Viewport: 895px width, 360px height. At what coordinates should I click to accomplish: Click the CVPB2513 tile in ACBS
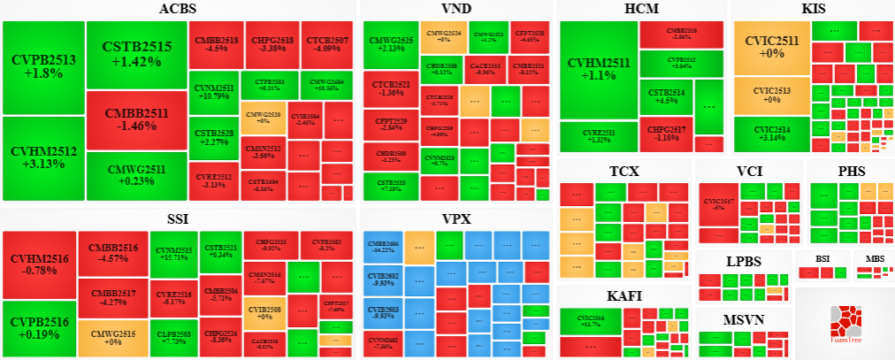(43, 67)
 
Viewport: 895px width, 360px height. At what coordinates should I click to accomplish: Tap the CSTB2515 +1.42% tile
(136, 54)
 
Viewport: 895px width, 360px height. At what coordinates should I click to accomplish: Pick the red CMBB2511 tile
(136, 119)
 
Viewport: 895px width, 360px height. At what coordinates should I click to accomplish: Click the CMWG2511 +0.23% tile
(136, 175)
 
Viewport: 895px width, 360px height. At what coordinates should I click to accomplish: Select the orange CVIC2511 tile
(771, 48)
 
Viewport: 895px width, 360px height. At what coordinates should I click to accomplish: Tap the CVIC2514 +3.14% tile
(771, 135)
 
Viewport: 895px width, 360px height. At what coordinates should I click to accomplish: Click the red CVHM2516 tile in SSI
(38, 264)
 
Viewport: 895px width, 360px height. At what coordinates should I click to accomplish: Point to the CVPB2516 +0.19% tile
(38, 328)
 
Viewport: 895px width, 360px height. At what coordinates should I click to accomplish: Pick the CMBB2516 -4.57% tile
(112, 253)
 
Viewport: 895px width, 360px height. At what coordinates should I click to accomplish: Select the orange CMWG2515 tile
(112, 336)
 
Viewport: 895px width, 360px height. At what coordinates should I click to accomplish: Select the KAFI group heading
(624, 295)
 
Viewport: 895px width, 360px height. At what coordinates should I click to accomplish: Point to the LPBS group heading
(743, 261)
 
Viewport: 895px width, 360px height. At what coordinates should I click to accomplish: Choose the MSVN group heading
(743, 319)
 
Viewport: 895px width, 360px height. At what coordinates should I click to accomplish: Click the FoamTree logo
(845, 323)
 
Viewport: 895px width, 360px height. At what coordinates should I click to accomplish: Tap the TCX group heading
(624, 171)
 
